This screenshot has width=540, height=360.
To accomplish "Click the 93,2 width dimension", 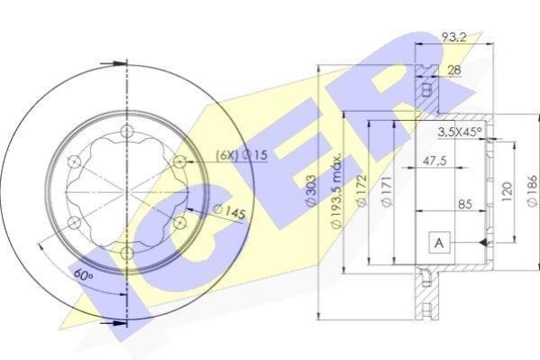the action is [x=454, y=37].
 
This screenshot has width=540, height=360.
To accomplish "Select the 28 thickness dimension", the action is [x=453, y=70].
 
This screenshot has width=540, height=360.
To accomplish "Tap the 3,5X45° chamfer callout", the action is [x=460, y=132].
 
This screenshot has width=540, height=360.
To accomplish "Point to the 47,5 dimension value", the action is [x=435, y=161].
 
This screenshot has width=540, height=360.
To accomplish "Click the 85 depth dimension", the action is [x=465, y=204].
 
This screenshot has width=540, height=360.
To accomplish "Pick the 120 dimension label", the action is [x=508, y=191].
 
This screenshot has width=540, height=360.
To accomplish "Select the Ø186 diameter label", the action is [x=532, y=191].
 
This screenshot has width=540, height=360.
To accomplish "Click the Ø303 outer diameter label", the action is [x=311, y=190].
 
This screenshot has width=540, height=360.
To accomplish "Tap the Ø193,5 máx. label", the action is [x=336, y=190].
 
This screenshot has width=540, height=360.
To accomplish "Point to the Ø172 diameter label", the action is [x=362, y=190].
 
